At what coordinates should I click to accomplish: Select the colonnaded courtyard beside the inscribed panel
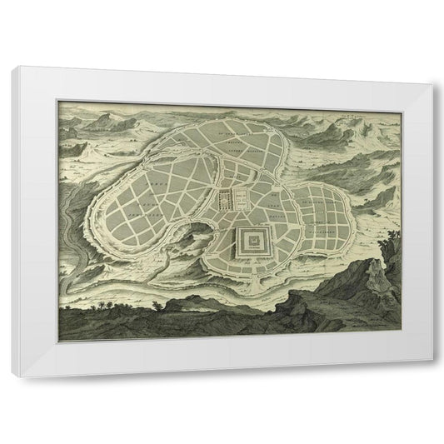[x=225, y=200]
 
